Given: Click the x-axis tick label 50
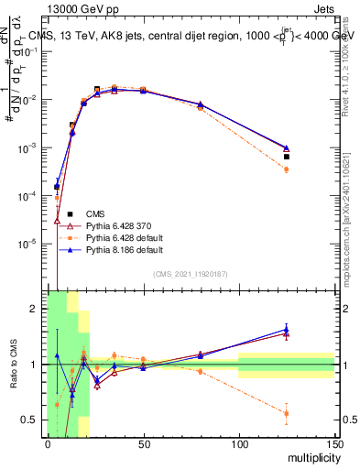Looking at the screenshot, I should (144, 443).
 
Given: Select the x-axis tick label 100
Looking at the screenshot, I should (239, 443).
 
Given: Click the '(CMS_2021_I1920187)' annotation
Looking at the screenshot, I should (191, 274).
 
